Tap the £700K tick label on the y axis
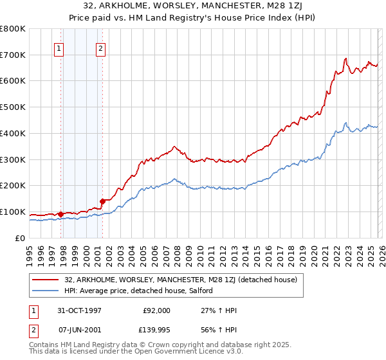[13, 55]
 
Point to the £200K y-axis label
[13, 185]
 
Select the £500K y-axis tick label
[13, 107]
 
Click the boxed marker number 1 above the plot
[59, 47]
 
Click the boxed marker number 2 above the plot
[101, 47]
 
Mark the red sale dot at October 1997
[61, 214]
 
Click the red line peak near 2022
[345, 59]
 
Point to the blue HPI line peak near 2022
[345, 123]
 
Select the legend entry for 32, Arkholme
[180, 280]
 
